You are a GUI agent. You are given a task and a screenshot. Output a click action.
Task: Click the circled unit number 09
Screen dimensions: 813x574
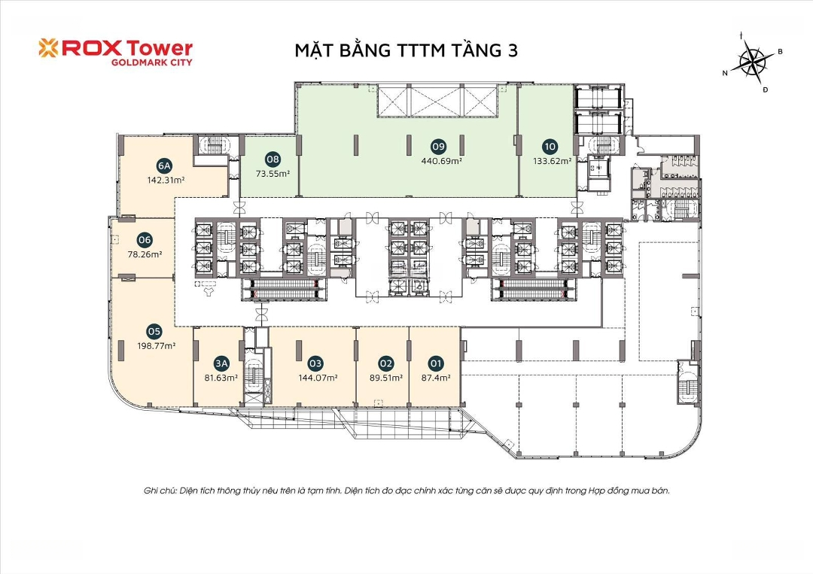[439, 146]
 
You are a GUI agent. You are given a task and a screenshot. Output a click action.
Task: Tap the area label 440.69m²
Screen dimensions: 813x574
[441, 161]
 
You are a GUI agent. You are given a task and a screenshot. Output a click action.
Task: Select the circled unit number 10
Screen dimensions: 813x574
[550, 146]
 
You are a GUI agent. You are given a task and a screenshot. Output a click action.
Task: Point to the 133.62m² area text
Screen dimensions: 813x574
[553, 161]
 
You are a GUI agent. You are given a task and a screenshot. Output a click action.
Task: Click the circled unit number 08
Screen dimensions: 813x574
[273, 159]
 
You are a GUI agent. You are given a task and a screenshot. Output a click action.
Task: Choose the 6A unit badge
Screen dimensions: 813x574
[164, 166]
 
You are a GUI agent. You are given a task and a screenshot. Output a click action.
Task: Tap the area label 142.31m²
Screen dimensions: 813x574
[166, 181]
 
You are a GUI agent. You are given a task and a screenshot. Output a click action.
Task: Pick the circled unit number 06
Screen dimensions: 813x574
[145, 240]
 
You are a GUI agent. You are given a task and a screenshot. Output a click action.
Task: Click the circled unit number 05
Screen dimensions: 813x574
[154, 332]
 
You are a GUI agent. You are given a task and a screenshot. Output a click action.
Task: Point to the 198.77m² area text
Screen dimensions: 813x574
[156, 346]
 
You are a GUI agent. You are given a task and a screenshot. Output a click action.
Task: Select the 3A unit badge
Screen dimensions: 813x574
[221, 363]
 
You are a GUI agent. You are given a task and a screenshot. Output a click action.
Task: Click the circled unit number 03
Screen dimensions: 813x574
[315, 363]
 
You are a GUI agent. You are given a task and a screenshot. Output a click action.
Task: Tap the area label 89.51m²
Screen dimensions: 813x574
[385, 378]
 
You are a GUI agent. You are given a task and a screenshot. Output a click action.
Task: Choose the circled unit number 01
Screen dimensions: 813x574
[436, 363]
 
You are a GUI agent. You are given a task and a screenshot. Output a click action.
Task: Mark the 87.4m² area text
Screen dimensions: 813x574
[436, 378]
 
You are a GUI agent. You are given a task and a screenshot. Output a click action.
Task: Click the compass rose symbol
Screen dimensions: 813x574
[753, 61]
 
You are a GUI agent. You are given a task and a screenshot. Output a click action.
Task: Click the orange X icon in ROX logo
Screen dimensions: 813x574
[48, 47]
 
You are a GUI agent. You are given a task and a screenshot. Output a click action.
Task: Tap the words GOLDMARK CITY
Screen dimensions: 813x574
[152, 62]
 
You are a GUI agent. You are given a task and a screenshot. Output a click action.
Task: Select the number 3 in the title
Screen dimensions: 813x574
[513, 50]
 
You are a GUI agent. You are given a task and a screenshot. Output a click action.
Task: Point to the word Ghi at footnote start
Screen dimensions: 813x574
[151, 490]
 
